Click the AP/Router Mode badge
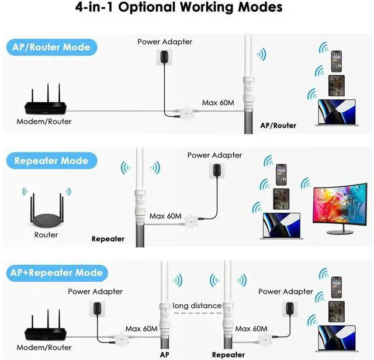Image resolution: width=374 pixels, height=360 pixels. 51,47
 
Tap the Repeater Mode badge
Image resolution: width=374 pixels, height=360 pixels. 51,161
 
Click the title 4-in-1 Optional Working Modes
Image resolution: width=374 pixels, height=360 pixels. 179,8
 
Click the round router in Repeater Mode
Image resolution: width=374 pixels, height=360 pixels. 46,212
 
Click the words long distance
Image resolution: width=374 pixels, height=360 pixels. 197,306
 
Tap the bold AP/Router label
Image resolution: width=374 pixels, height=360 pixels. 278,125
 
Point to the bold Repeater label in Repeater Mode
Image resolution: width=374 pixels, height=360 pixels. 108,238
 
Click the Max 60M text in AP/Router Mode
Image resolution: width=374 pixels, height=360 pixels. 218,103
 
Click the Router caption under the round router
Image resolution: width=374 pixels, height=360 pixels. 46,234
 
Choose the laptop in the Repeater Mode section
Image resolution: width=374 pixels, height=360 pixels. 281,225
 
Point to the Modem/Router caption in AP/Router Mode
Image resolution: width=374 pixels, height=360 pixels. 44,121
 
